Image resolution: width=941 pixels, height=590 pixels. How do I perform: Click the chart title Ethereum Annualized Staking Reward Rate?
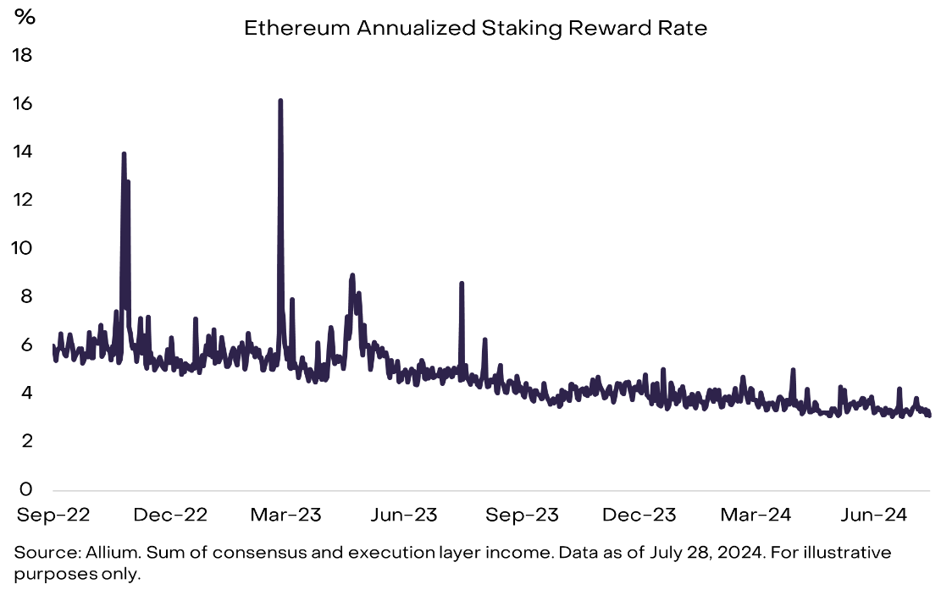click(x=475, y=28)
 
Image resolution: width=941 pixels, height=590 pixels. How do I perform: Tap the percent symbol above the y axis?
click(x=25, y=17)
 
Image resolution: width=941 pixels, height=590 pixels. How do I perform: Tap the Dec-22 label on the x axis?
click(x=171, y=515)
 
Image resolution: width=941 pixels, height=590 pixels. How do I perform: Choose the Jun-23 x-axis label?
click(x=405, y=515)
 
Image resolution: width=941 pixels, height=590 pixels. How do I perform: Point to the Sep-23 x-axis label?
click(x=523, y=515)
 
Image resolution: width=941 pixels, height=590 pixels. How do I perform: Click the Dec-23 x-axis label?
click(x=640, y=515)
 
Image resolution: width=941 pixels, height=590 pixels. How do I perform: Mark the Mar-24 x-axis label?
click(x=756, y=515)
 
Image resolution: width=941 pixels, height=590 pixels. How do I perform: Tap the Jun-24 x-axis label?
click(x=873, y=515)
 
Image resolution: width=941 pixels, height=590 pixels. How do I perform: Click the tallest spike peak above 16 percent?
click(x=280, y=101)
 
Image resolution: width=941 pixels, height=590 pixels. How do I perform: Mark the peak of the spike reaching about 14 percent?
click(x=124, y=154)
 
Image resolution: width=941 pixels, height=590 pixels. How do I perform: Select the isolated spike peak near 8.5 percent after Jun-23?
click(x=462, y=284)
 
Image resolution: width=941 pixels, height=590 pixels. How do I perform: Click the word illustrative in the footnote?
click(x=848, y=553)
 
